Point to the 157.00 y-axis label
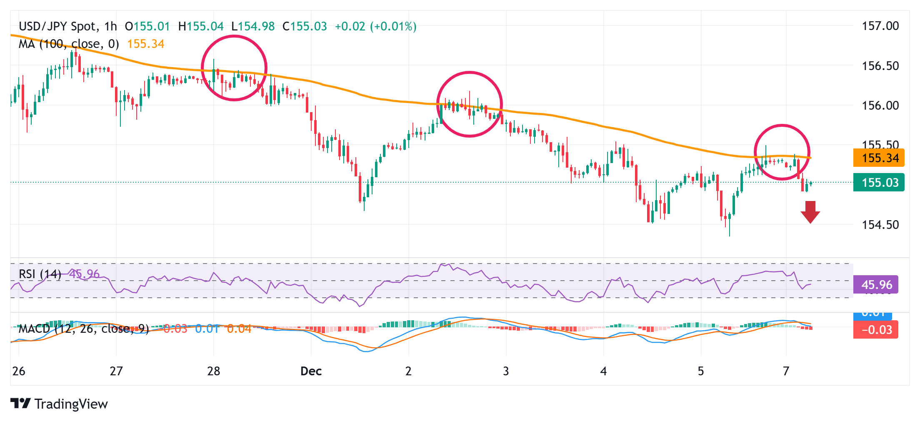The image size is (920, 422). pos(880,26)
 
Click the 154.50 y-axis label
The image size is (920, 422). pos(880,225)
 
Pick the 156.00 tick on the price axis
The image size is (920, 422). pos(880,105)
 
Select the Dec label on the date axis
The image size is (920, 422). pos(311,371)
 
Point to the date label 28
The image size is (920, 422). pos(213,371)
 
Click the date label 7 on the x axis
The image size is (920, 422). pos(786,371)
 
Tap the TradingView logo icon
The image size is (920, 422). pos(20,403)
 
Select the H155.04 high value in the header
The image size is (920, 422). pos(201,27)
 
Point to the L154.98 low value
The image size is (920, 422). pos(253,27)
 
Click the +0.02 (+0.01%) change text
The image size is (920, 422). pos(375,27)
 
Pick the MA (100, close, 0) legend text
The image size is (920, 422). pos(69,44)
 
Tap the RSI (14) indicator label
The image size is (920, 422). pos(40,274)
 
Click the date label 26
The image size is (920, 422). pos(19,371)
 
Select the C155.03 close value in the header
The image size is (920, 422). pos(305,27)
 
